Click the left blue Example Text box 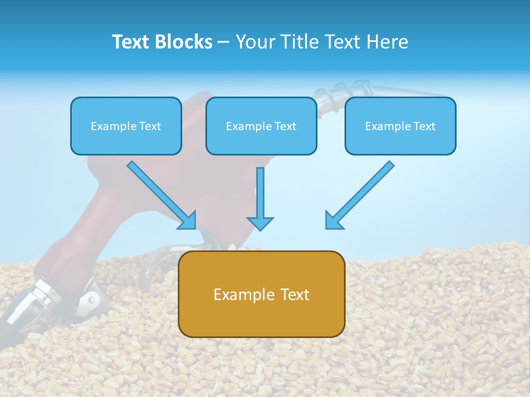tap(126, 126)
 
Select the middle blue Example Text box tap(261, 126)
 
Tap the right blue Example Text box tap(400, 126)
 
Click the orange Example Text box tap(262, 294)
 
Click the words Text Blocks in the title tap(162, 42)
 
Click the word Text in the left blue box tap(150, 126)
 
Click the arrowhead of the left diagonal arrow tap(188, 221)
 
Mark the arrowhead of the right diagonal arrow tap(333, 221)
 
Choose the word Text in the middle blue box tap(285, 126)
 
